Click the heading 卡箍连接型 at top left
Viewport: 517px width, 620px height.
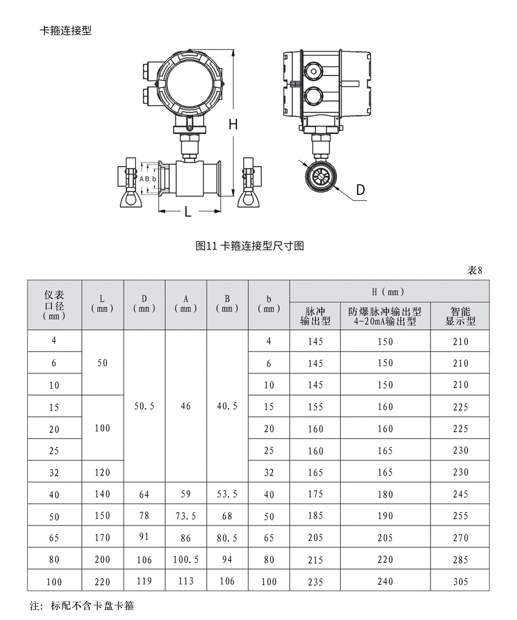(x=66, y=30)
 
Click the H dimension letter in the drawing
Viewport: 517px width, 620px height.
(x=233, y=124)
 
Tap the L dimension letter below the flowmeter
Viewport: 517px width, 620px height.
(x=188, y=211)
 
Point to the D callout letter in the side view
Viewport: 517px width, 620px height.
(x=360, y=190)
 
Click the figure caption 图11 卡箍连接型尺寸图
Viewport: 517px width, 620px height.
(x=250, y=246)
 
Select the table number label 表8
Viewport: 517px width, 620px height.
(x=475, y=270)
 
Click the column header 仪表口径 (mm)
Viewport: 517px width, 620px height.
(x=54, y=305)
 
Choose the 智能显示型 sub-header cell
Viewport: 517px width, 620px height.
(x=460, y=316)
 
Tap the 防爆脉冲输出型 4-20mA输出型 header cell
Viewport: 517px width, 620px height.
(x=385, y=316)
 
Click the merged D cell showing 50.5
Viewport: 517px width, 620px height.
(x=144, y=407)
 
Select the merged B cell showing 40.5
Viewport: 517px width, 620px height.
(x=227, y=407)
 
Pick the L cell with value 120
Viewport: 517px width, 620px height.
(x=102, y=472)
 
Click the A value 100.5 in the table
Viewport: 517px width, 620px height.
(x=186, y=560)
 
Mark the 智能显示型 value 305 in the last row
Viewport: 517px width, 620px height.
(x=460, y=582)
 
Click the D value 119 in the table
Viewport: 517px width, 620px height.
(x=144, y=581)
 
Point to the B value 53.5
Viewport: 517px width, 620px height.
(x=227, y=494)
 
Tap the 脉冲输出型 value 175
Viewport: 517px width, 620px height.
(x=315, y=494)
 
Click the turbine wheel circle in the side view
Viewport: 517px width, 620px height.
(x=321, y=178)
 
